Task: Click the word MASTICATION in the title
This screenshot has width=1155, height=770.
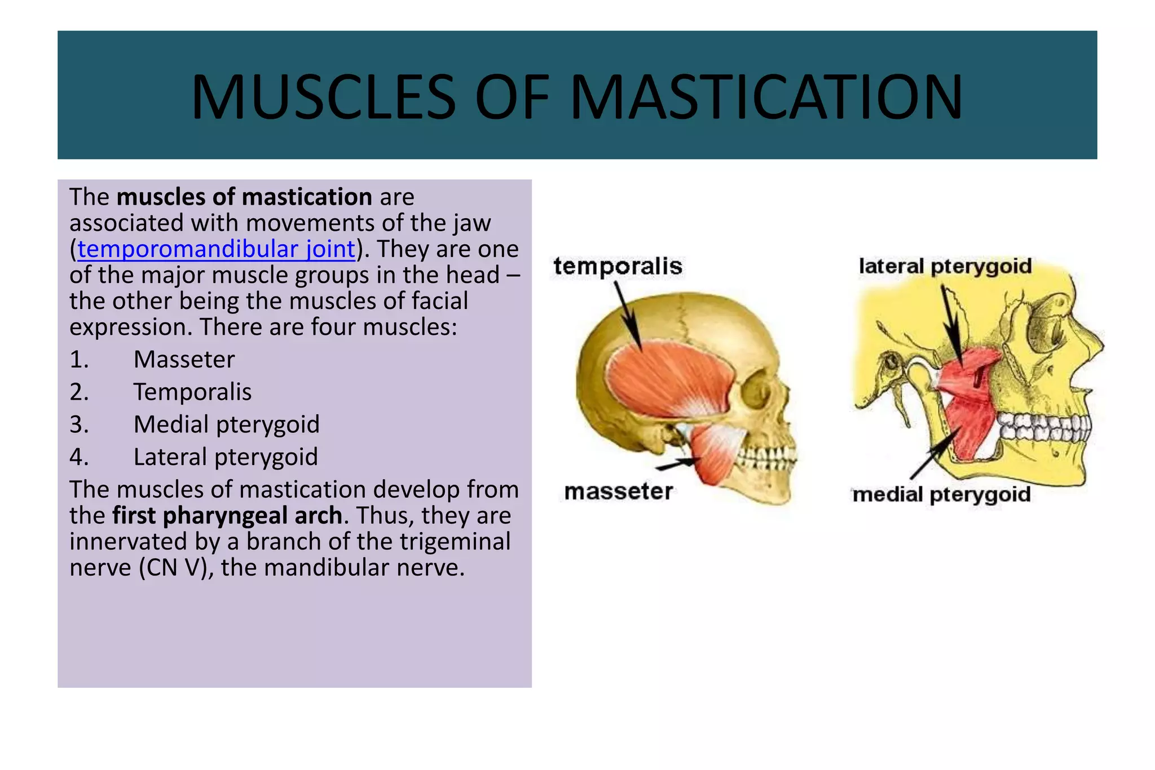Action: [x=766, y=97]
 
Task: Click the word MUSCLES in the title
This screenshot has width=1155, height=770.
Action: [x=323, y=97]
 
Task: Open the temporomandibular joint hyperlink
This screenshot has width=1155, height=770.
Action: [x=216, y=249]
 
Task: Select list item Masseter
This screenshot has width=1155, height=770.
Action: [x=184, y=360]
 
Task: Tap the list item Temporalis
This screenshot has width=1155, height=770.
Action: [x=192, y=392]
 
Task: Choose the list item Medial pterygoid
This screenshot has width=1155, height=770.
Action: [x=226, y=424]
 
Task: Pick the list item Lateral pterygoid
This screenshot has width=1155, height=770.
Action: [x=226, y=457]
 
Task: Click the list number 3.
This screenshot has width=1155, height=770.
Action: [x=79, y=424]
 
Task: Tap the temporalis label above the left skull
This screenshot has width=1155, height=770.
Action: [x=618, y=266]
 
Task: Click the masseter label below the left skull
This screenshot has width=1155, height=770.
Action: [x=618, y=492]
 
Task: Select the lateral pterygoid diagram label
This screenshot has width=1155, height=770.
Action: [x=945, y=266]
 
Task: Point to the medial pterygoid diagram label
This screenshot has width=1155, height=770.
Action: [x=941, y=494]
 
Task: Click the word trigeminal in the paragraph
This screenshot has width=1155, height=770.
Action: [x=455, y=542]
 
